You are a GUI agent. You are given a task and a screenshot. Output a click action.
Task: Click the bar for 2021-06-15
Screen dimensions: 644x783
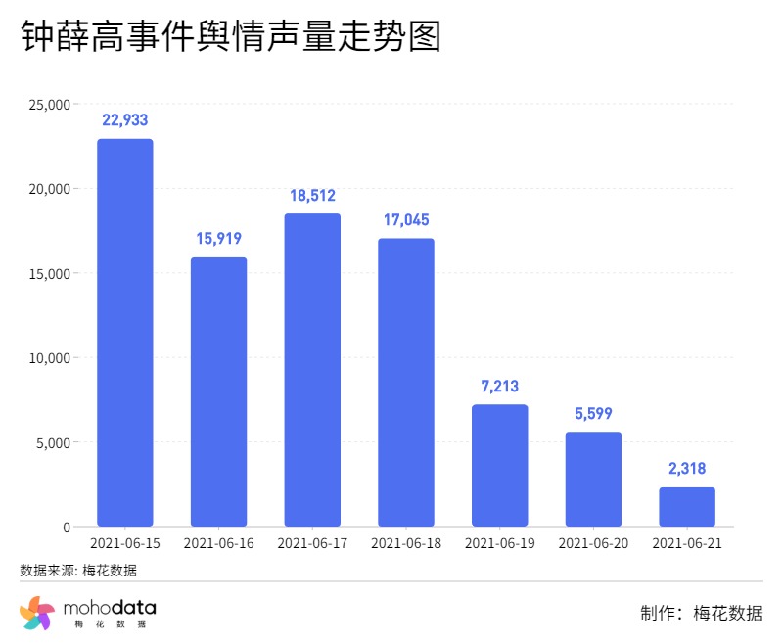pos(124,333)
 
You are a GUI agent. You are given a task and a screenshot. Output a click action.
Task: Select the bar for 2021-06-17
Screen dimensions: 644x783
pos(312,370)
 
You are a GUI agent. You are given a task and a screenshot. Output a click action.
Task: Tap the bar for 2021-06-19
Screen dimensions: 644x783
pos(499,466)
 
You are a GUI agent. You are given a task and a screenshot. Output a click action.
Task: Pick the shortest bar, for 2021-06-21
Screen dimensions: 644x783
pos(687,507)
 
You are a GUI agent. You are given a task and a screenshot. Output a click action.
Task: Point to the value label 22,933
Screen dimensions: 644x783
pos(124,120)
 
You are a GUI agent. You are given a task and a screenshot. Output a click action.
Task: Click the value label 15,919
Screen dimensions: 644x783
pos(218,238)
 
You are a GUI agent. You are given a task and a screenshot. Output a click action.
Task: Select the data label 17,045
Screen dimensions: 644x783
pos(406,220)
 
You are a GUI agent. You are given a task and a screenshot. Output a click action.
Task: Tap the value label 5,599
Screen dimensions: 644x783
pos(593,414)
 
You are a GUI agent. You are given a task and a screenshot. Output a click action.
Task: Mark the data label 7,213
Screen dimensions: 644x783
pos(499,387)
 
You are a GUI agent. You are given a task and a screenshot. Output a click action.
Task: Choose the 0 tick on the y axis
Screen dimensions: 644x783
pos(66,528)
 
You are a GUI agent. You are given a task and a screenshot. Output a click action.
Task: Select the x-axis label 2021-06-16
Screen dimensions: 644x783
pos(218,543)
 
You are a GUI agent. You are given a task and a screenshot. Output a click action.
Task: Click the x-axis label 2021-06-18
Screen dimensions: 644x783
pos(406,543)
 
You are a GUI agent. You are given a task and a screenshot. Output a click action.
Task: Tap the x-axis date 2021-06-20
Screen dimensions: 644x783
pos(593,543)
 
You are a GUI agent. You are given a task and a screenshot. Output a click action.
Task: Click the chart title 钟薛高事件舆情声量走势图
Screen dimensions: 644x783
pos(231,37)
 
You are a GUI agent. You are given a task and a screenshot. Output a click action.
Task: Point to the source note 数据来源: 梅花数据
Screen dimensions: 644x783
pos(78,570)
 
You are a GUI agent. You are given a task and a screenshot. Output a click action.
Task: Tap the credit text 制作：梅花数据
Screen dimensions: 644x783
pos(701,614)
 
